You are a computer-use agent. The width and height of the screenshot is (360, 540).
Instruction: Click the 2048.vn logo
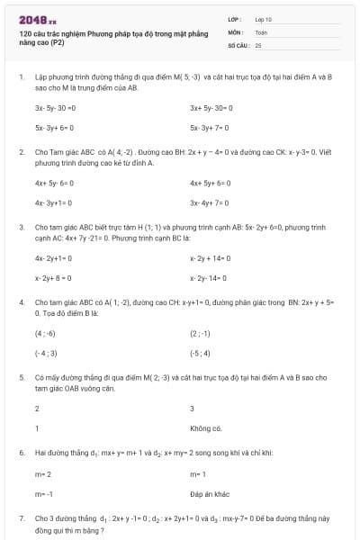point(37,18)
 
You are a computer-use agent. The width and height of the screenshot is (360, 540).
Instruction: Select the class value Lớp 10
point(263,18)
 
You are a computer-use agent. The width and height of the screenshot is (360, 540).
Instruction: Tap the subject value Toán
point(261,31)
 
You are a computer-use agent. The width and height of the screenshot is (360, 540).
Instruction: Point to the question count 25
point(258,44)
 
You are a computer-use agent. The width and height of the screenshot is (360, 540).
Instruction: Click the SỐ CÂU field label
point(237,44)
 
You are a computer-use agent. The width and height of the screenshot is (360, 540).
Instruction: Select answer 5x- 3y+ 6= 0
point(54,128)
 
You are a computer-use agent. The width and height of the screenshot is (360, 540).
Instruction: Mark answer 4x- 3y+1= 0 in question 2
point(54,202)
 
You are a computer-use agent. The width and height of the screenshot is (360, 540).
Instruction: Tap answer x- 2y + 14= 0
point(211,257)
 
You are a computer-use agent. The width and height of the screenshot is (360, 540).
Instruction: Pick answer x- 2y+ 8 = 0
point(53,278)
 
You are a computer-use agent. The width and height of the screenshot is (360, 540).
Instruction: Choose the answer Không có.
point(205,428)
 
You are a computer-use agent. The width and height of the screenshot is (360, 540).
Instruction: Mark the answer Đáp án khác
point(211,494)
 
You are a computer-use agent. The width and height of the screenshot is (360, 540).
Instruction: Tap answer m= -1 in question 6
point(44,494)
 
